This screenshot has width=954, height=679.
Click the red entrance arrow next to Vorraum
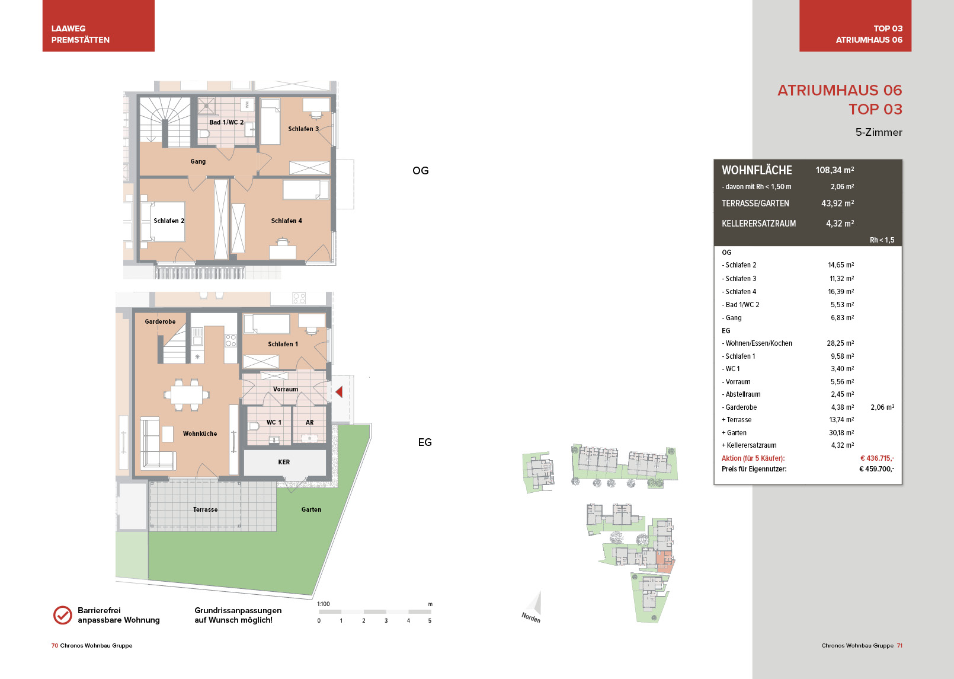point(339,392)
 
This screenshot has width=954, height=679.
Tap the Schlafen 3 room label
point(303,129)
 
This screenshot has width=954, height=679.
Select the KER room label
point(284,462)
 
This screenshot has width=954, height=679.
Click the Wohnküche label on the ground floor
point(200,433)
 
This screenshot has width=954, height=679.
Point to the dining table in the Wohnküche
point(187,395)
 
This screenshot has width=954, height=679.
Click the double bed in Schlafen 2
point(163,222)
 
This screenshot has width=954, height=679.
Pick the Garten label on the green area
point(311,509)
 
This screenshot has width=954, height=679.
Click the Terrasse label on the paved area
point(205,509)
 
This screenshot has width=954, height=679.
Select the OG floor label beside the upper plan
point(420,171)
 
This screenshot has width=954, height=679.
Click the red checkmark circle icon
point(63,615)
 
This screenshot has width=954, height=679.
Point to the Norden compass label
point(531,617)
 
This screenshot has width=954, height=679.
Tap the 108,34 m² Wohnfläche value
point(835,170)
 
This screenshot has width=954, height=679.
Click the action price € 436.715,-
point(878,458)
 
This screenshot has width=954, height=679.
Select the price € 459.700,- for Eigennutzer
point(877,469)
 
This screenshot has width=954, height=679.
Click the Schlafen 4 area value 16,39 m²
point(841,292)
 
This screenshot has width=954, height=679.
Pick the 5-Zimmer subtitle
point(879,132)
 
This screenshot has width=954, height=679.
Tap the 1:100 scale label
point(324,604)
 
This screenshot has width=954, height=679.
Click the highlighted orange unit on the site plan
point(664,562)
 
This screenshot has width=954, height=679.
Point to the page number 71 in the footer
point(899,645)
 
